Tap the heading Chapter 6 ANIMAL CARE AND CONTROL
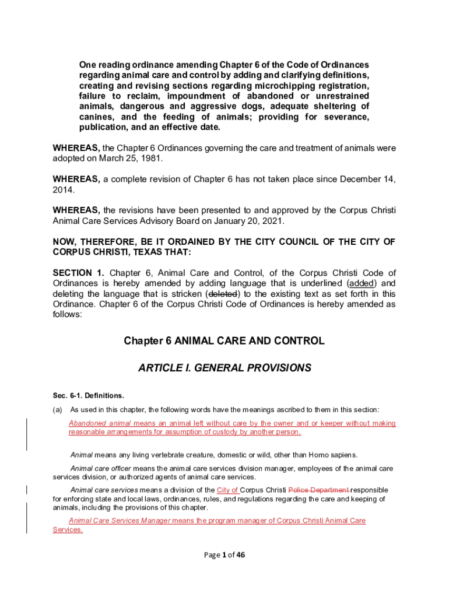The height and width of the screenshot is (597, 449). tap(224, 340)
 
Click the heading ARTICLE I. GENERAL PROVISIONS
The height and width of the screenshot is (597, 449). tap(224, 368)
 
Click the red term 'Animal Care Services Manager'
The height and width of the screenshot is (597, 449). tap(120, 521)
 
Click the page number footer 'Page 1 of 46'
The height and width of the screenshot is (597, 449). tap(224, 555)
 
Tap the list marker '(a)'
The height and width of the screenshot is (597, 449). tap(58, 409)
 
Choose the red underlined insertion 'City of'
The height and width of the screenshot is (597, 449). tap(227, 490)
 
